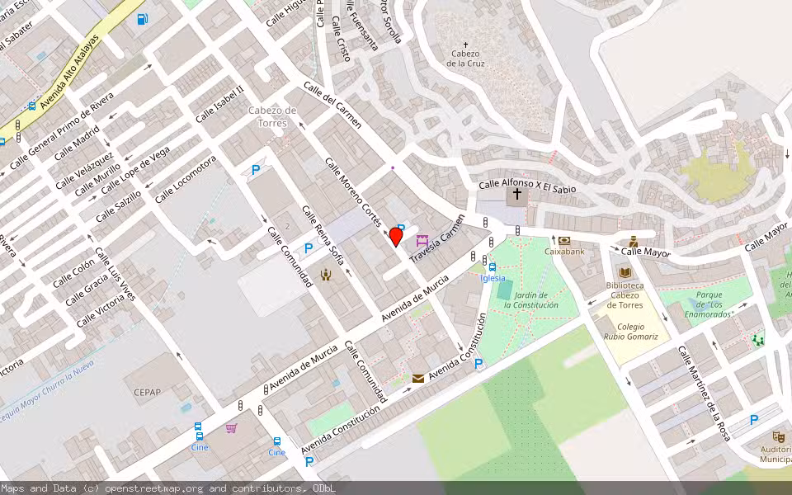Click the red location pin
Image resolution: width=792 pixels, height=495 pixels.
click(396, 238)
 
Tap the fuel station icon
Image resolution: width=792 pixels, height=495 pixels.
click(143, 19)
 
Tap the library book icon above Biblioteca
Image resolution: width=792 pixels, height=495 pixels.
click(625, 272)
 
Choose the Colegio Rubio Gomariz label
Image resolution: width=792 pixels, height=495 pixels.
click(630, 331)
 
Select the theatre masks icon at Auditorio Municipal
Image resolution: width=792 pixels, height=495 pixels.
click(778, 436)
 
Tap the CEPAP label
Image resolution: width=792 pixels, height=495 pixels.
click(147, 392)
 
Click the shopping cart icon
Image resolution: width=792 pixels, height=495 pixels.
click(231, 428)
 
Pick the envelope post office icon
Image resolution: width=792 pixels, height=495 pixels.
click(418, 378)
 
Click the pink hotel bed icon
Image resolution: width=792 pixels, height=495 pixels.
click(423, 241)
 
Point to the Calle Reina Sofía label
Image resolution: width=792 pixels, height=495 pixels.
click(323, 236)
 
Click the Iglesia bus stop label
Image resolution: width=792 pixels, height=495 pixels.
click(493, 278)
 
